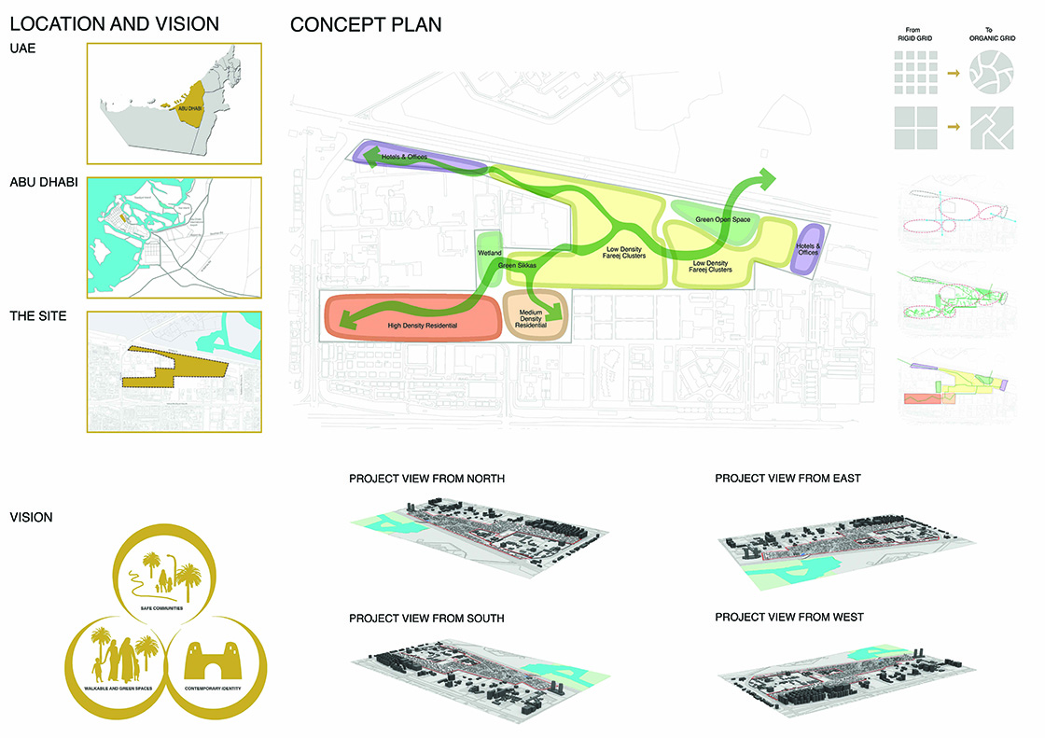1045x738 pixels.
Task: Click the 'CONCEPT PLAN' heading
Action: pos(366,25)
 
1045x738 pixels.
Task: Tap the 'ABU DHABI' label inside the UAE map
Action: pos(188,109)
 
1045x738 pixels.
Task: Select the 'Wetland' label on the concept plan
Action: pos(489,253)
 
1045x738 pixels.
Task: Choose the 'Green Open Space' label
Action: pos(723,219)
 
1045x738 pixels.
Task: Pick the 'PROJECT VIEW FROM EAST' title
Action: pos(787,478)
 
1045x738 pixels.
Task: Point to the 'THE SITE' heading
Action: pos(38,316)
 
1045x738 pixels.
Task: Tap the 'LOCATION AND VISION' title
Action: pos(115,24)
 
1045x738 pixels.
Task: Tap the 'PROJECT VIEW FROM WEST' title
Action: pos(788,617)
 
